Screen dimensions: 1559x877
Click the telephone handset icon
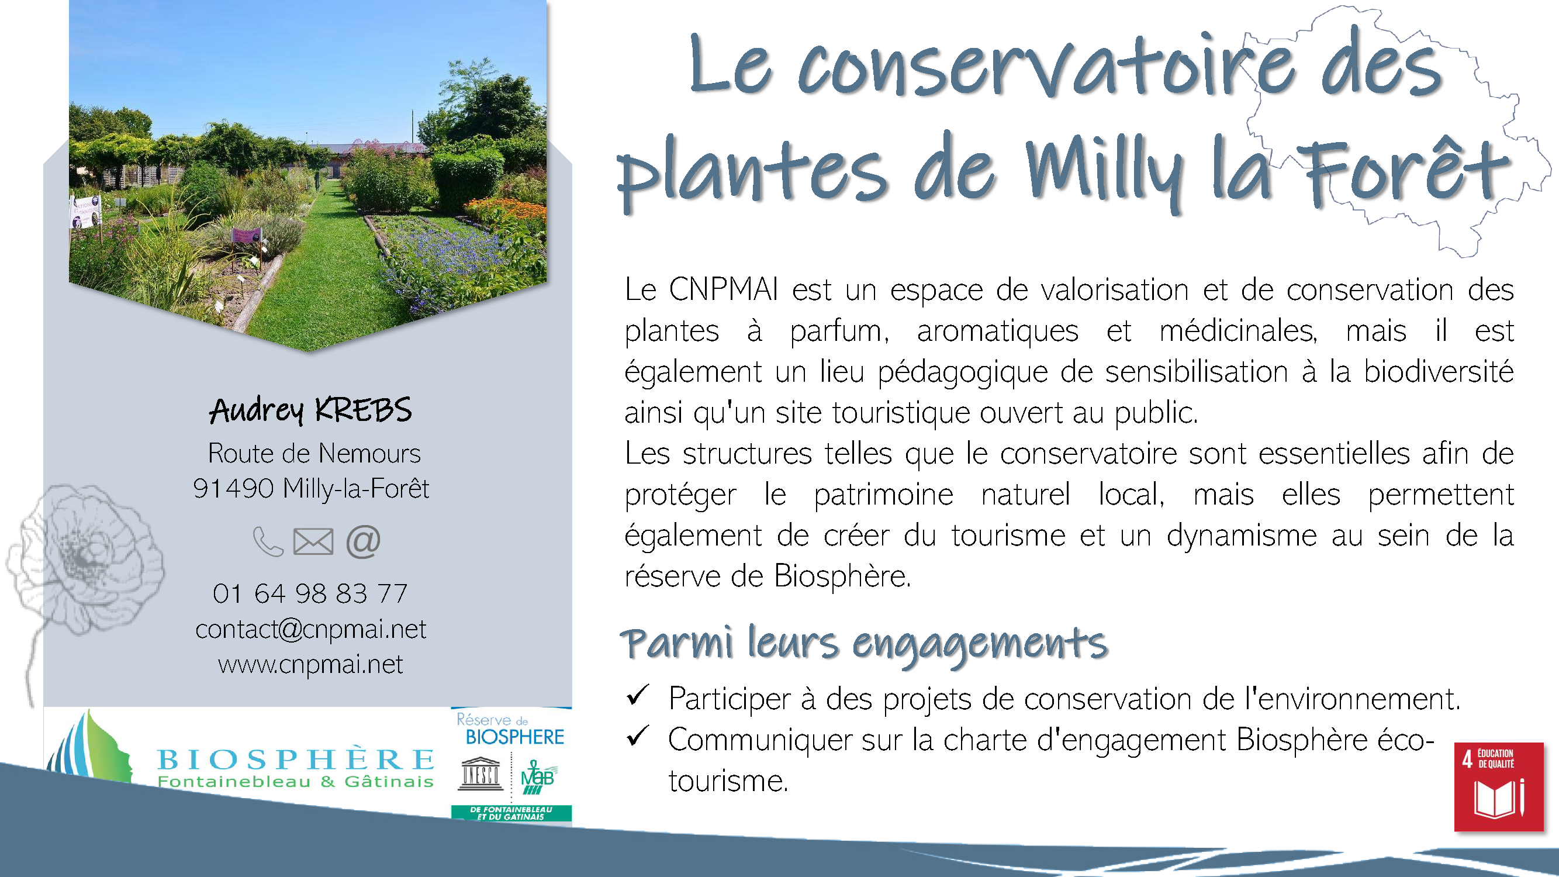pos(268,541)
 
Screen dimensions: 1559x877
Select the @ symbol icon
pos(363,541)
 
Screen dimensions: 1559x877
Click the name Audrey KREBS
pos(310,410)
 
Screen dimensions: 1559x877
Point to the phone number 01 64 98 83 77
pos(310,593)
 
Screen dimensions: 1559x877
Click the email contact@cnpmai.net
pos(310,630)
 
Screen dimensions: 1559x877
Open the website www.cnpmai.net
pos(310,665)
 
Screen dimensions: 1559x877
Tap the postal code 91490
pos(234,488)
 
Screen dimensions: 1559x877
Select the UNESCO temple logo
pos(481,774)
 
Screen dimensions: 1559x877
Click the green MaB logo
pos(537,777)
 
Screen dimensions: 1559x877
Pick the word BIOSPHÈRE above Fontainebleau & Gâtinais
pos(296,758)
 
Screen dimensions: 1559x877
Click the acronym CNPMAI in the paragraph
pos(723,289)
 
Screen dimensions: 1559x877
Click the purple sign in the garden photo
pos(246,235)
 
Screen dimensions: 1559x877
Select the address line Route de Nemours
pos(314,453)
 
